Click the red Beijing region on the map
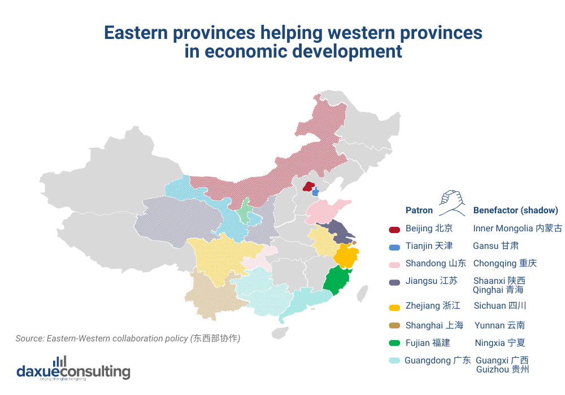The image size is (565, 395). [308, 187]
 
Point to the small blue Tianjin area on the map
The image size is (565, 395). [316, 192]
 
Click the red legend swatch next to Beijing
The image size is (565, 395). [394, 229]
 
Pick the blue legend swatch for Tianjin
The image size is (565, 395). [394, 247]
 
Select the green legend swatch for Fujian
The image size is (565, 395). [394, 343]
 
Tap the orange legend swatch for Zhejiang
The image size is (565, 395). [394, 306]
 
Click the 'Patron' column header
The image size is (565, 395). [419, 210]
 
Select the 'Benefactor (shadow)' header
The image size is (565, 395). [515, 210]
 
